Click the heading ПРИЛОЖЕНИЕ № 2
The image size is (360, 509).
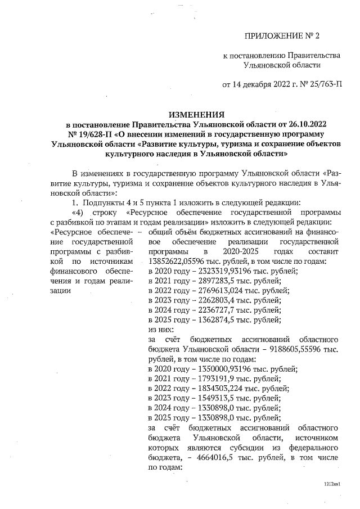pos(281,37)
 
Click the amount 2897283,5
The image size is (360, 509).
pos(208,280)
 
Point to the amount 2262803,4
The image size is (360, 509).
pos(208,300)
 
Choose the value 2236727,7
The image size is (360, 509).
pos(208,310)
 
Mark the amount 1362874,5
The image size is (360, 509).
pos(208,320)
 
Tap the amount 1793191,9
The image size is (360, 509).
pos(208,379)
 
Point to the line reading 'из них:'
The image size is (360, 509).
pos(160,330)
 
